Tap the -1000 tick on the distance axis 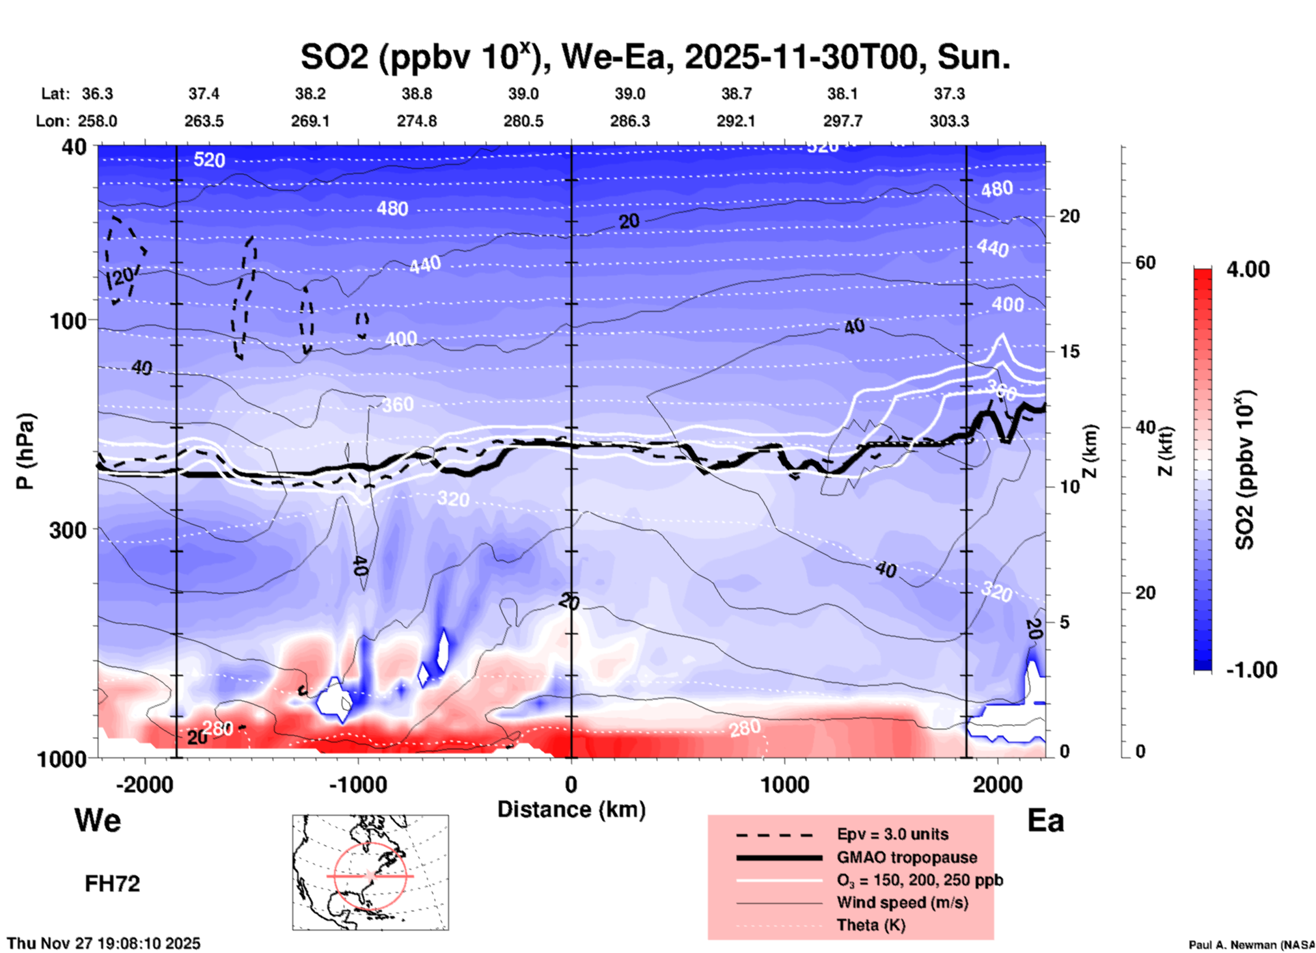357,784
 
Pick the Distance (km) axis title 571,809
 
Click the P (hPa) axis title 25,451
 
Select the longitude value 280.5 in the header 523,121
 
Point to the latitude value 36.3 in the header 98,94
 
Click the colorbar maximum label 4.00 1248,269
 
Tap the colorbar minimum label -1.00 1251,670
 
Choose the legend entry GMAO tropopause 907,857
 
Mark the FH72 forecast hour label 112,883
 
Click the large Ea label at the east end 1045,820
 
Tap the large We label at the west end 98,820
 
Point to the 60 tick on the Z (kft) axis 1145,263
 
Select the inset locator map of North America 370,872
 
